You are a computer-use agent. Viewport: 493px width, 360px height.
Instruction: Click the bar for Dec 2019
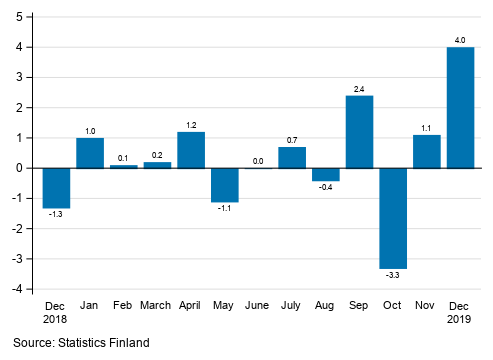[x=460, y=108]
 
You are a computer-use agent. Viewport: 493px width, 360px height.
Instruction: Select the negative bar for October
[x=393, y=218]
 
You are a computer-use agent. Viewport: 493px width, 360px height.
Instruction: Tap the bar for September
[x=359, y=132]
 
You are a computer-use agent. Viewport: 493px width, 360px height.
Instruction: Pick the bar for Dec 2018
[x=56, y=188]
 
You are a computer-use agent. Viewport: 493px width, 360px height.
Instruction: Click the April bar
[x=191, y=150]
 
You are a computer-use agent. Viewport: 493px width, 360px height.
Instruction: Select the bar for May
[x=224, y=185]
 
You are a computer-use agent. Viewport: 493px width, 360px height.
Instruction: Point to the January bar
[x=90, y=153]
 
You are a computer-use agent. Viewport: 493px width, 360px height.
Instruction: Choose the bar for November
[x=427, y=151]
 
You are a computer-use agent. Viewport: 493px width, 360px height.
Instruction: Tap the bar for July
[x=292, y=157]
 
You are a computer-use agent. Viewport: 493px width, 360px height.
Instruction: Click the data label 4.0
[x=460, y=40]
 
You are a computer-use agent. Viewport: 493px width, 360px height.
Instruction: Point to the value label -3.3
[x=393, y=275]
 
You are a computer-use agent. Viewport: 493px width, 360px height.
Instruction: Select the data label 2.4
[x=359, y=89]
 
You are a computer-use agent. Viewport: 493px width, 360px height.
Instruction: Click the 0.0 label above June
[x=258, y=160]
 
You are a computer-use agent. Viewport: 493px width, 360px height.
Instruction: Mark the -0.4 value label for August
[x=326, y=187]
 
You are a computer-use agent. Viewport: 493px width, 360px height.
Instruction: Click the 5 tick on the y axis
[x=21, y=17]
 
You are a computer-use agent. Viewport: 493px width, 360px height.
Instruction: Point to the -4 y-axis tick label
[x=19, y=290]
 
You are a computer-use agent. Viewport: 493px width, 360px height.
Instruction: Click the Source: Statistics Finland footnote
[x=81, y=343]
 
